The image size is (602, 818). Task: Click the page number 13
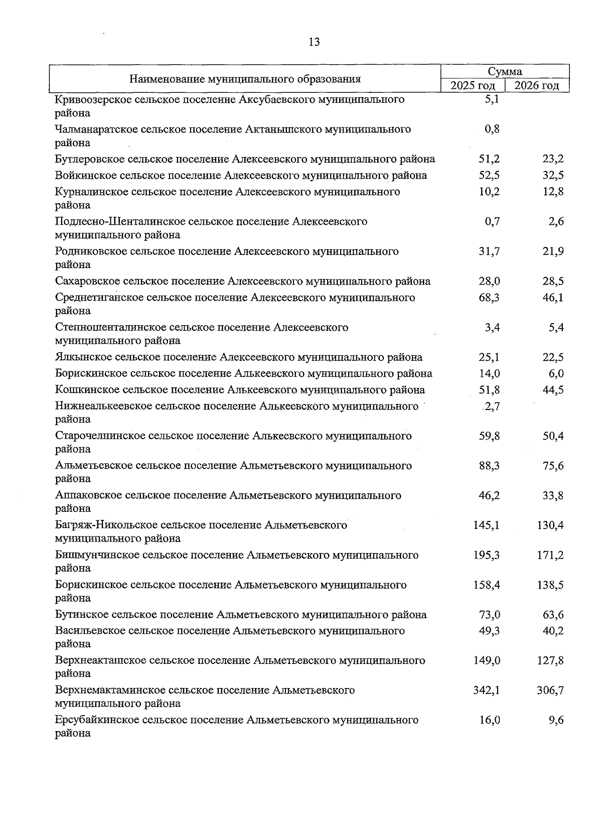tap(314, 42)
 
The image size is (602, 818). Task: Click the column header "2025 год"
tap(473, 86)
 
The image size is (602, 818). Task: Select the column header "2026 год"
tap(537, 86)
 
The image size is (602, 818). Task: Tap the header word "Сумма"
tap(505, 72)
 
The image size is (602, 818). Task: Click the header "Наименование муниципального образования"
tap(245, 79)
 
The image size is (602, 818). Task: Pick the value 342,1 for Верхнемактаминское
tap(487, 691)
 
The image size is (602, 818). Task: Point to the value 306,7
tap(550, 691)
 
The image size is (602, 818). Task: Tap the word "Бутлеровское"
tap(89, 160)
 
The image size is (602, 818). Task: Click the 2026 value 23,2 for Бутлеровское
tap(553, 160)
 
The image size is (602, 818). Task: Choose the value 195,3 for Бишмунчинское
tap(487, 556)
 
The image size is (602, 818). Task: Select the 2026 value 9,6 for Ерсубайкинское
tap(556, 720)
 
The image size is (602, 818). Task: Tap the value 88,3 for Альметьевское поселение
tap(489, 466)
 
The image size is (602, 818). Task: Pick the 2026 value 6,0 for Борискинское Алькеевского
tap(556, 374)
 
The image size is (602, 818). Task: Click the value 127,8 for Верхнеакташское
tap(550, 661)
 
